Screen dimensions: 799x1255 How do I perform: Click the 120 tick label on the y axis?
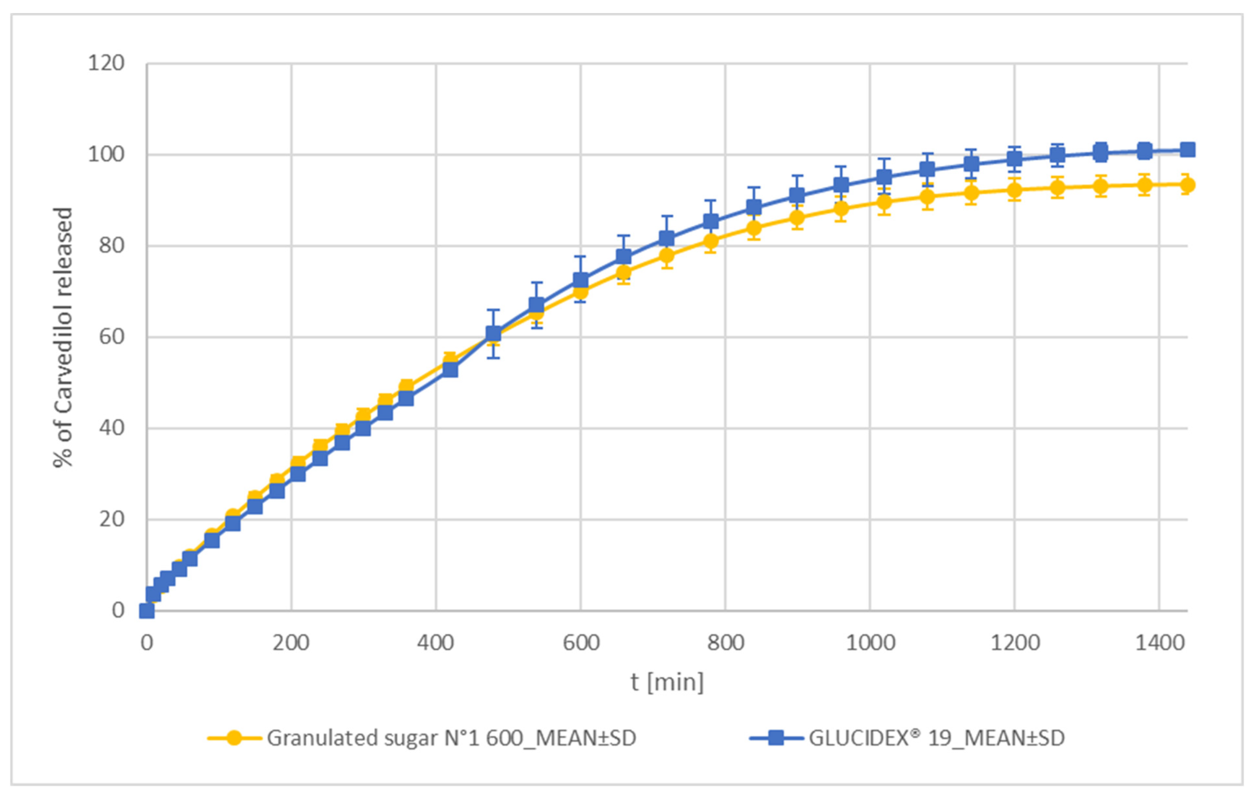click(x=106, y=64)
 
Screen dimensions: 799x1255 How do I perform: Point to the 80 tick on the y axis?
click(x=112, y=246)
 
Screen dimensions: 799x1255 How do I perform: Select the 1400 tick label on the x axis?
click(x=1160, y=643)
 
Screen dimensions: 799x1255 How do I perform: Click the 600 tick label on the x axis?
click(x=581, y=643)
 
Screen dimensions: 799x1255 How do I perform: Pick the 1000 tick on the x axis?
click(x=870, y=643)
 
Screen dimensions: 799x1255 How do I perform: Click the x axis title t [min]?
click(x=667, y=682)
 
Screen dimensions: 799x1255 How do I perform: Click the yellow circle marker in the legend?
click(x=234, y=738)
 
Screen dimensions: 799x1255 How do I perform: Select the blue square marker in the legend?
click(x=776, y=738)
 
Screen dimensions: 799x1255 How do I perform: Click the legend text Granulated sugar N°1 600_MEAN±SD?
click(x=452, y=738)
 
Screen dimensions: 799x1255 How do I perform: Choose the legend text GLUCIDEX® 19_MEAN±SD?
click(x=936, y=738)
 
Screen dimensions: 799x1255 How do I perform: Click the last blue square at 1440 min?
click(x=1187, y=150)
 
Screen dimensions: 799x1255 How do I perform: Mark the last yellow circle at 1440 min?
click(x=1187, y=185)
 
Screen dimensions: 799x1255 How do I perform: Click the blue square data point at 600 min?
click(x=581, y=280)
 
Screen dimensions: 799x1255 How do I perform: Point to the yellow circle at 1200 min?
click(x=1014, y=190)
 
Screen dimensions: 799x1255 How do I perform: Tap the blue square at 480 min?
click(x=493, y=333)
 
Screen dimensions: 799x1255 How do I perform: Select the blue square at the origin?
click(x=147, y=610)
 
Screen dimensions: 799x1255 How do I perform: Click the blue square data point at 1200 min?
click(x=1014, y=159)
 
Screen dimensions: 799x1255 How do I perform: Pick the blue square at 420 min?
click(x=450, y=369)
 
